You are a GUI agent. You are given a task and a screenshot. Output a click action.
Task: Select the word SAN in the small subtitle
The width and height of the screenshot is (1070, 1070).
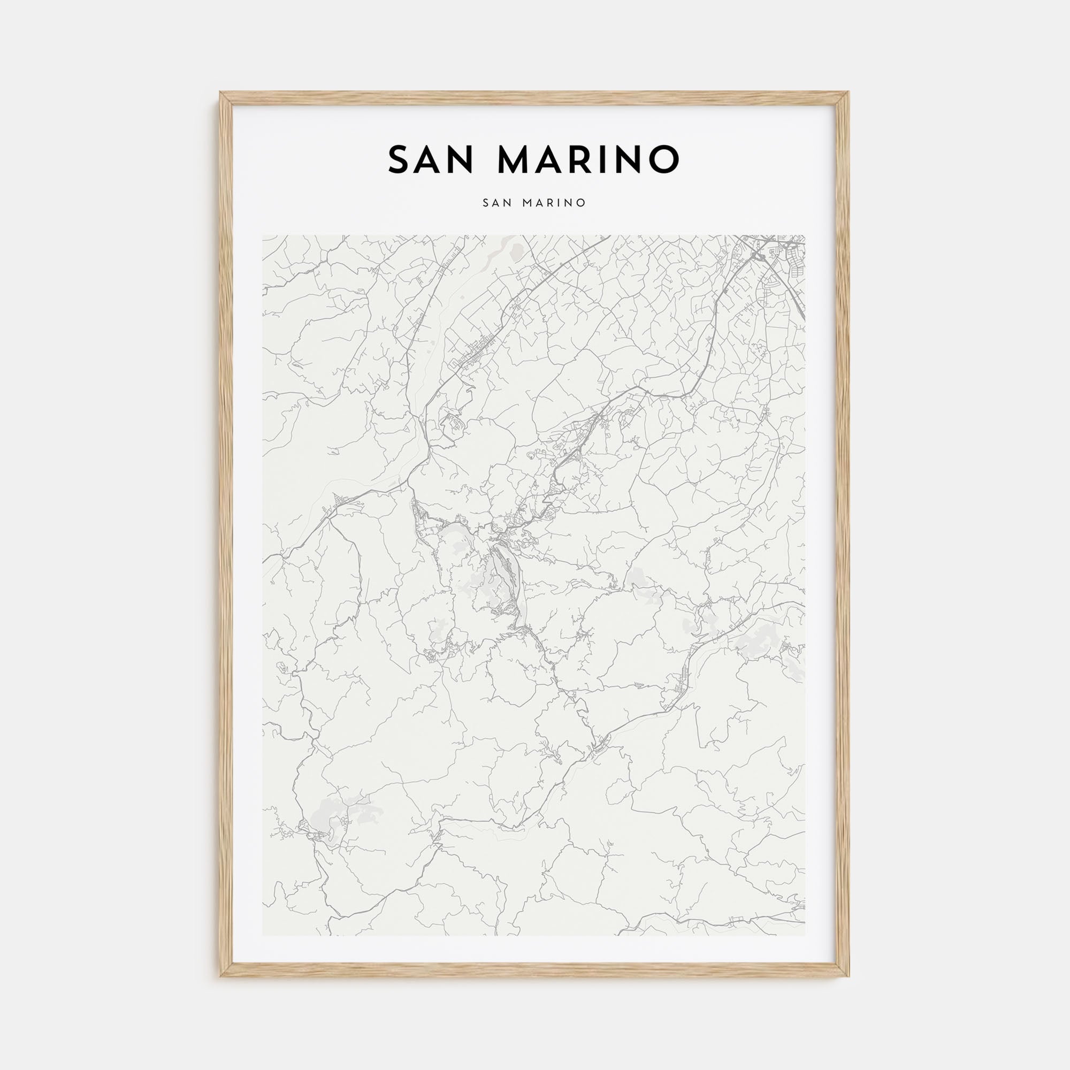497,203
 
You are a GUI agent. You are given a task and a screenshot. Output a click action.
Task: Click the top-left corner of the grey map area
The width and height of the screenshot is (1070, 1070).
263,236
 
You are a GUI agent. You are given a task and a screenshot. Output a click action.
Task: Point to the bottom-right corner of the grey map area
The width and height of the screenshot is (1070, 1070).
805,935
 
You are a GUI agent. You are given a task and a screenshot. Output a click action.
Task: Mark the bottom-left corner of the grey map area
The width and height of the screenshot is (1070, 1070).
263,935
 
